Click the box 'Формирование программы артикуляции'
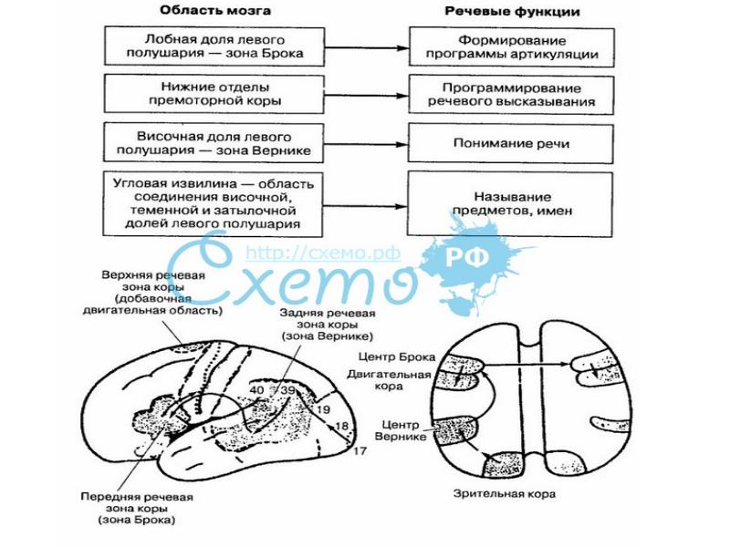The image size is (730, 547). click(512, 47)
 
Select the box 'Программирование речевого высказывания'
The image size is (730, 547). click(512, 94)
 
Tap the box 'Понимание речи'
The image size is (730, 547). click(512, 143)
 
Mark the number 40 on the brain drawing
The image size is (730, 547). click(256, 390)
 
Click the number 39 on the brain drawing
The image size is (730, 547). click(287, 390)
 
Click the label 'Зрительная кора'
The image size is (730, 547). click(505, 493)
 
